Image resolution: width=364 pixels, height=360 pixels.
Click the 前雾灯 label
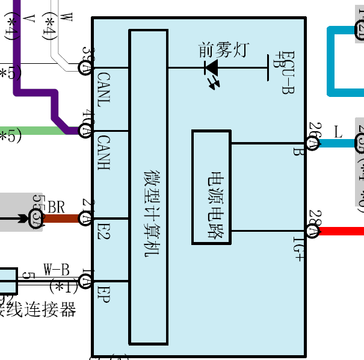point(222,50)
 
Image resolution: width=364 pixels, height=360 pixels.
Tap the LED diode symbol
point(212,68)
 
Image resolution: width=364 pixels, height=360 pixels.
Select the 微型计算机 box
point(148,187)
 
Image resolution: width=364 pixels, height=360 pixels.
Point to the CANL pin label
point(103,88)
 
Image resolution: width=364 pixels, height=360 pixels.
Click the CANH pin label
point(103,152)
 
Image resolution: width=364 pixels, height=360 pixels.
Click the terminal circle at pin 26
point(312,143)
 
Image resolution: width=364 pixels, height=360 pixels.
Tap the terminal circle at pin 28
point(312,231)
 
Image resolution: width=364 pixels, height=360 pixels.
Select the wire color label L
point(338,131)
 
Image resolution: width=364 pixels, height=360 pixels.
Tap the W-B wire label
point(56,269)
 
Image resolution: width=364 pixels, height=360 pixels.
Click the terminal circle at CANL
point(85,67)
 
